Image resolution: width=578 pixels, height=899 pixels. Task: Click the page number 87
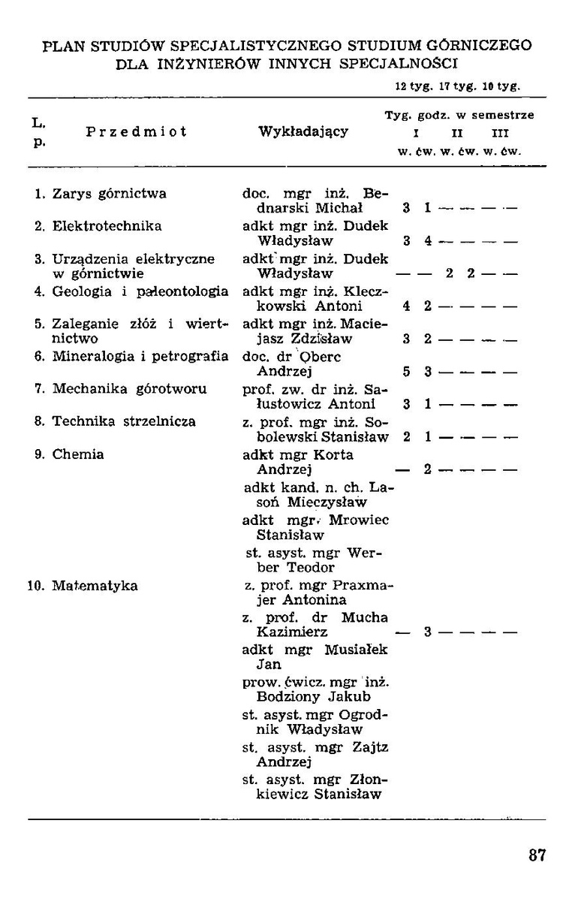tap(537, 855)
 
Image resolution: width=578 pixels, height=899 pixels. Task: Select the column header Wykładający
tap(303, 131)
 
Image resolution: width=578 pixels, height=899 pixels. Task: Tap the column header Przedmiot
tap(136, 131)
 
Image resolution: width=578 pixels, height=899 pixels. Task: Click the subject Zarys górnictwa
tap(109, 194)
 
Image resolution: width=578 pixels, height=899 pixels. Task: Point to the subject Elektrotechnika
tap(107, 226)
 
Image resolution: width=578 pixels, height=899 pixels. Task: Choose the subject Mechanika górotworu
tap(129, 389)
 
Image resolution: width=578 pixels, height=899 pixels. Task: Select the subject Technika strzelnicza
tap(124, 421)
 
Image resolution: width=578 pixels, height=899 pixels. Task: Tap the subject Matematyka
tap(95, 585)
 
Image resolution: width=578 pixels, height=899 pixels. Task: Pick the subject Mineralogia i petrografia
tap(140, 357)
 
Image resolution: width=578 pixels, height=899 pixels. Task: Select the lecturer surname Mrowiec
tap(356, 520)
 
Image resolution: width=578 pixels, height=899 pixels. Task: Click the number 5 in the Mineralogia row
tap(405, 371)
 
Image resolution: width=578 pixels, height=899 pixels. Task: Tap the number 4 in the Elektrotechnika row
tap(426, 241)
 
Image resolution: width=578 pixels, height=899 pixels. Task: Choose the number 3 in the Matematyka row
tap(426, 632)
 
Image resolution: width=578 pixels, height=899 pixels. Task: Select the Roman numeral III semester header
tap(499, 133)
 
